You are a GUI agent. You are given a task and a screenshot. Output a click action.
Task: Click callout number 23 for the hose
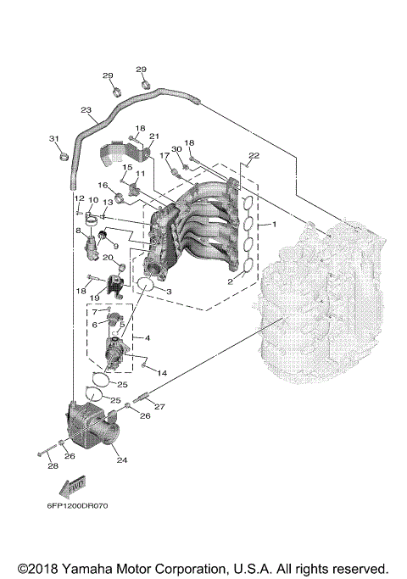click(x=86, y=110)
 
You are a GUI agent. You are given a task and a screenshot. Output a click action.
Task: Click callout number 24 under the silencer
click(x=122, y=461)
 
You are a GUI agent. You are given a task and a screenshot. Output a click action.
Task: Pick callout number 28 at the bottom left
click(x=52, y=466)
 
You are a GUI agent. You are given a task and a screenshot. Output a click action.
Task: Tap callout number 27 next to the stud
click(x=159, y=405)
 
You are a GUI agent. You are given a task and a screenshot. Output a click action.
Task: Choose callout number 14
click(x=162, y=373)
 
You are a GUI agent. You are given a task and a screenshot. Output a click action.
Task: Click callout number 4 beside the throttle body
click(x=148, y=338)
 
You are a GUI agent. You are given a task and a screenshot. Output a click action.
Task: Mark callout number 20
click(x=107, y=257)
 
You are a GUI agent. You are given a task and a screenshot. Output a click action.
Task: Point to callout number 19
click(x=95, y=298)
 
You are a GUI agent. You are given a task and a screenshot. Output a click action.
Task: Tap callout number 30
click(x=176, y=149)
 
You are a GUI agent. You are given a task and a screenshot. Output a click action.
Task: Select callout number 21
click(x=153, y=136)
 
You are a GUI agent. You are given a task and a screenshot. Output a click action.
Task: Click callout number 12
click(x=77, y=198)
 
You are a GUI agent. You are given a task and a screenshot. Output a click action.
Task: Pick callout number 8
click(x=78, y=230)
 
